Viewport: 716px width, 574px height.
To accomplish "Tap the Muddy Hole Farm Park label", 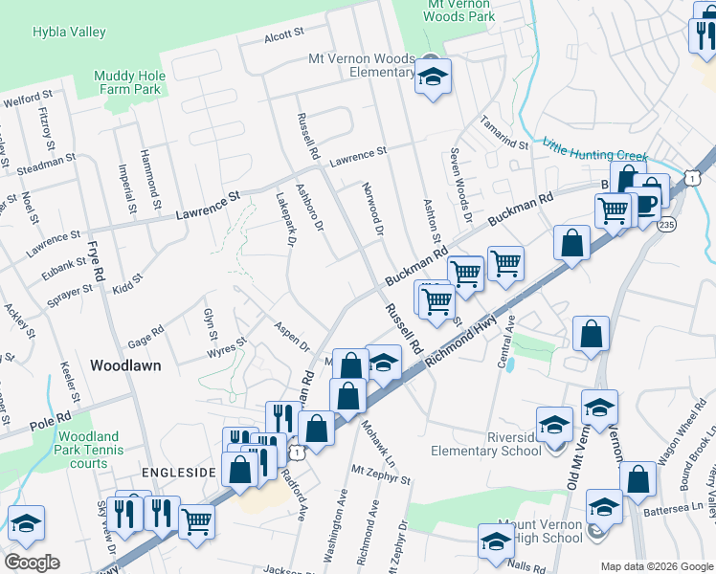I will click(129, 84).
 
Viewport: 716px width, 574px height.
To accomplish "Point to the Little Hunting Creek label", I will click(594, 151).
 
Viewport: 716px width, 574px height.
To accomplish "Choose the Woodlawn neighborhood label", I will click(125, 365).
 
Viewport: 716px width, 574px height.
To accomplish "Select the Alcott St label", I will click(283, 33).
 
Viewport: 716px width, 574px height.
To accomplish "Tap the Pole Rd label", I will click(52, 419).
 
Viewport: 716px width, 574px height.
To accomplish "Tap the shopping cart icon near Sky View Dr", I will click(196, 521).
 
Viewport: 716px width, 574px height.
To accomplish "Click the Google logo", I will click(32, 563).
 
